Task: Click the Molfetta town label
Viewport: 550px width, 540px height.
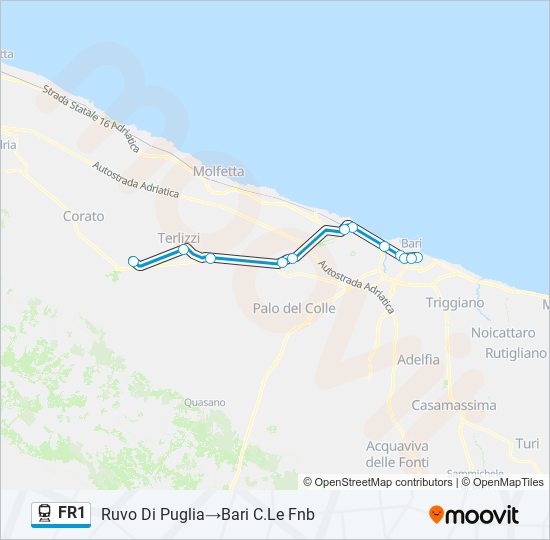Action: (218, 171)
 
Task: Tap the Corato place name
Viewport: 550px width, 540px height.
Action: (83, 216)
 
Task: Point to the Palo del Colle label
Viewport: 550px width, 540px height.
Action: (294, 308)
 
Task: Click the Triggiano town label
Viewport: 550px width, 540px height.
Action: (455, 302)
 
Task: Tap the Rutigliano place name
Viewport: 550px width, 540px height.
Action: (515, 353)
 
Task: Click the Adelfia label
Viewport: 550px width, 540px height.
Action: (418, 359)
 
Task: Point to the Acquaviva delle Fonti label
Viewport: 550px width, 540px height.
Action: (397, 454)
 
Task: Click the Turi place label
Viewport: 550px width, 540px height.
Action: (527, 443)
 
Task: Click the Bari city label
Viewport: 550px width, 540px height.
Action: (411, 243)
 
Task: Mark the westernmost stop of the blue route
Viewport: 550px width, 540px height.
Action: (134, 262)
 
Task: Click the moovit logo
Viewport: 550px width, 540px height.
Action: (474, 515)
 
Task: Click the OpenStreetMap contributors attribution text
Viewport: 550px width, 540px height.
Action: (384, 482)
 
